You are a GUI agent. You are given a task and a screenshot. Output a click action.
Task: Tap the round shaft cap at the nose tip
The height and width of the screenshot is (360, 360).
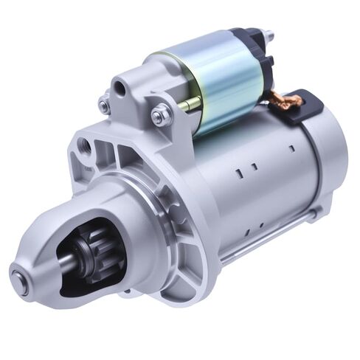coord(20,281)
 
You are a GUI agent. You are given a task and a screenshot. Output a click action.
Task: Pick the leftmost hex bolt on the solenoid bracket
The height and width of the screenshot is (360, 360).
coord(104,105)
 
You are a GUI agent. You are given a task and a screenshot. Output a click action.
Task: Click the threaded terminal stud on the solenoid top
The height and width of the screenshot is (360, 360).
coord(267,35)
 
